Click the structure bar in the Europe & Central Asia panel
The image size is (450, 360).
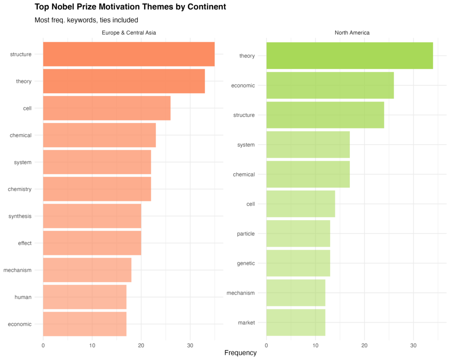pyautogui.click(x=129, y=55)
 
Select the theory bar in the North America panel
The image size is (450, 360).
pyautogui.click(x=349, y=56)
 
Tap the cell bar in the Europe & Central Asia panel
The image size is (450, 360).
pyautogui.click(x=107, y=108)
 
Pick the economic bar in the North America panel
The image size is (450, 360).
pyautogui.click(x=330, y=85)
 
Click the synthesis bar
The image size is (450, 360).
pyautogui.click(x=92, y=216)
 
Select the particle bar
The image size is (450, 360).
pyautogui.click(x=298, y=234)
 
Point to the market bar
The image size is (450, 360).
pyautogui.click(x=296, y=323)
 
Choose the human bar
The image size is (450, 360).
pyautogui.click(x=85, y=297)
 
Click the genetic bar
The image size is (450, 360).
pyautogui.click(x=298, y=263)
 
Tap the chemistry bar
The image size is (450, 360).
pyautogui.click(x=97, y=189)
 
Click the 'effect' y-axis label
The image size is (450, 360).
pyautogui.click(x=25, y=243)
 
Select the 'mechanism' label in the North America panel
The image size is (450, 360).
pyautogui.click(x=240, y=293)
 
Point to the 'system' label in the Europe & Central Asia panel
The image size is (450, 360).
pyautogui.click(x=23, y=162)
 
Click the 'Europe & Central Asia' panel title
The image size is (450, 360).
pyautogui.click(x=129, y=33)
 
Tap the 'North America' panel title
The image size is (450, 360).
pyautogui.click(x=352, y=33)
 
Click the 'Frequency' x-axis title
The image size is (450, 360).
pyautogui.click(x=240, y=353)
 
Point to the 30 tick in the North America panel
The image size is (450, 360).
pyautogui.click(x=413, y=345)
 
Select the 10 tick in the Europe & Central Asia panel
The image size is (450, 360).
pyautogui.click(x=92, y=345)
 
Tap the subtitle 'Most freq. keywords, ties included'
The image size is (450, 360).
pyautogui.click(x=86, y=20)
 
